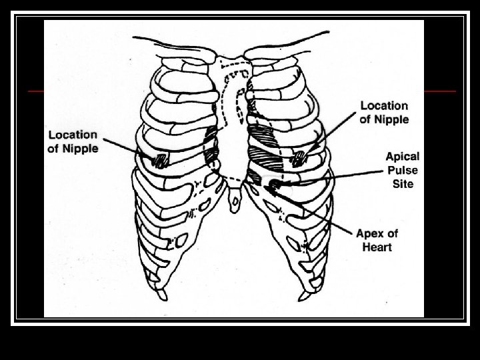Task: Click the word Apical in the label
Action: click(403, 156)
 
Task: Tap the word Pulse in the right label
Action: click(403, 169)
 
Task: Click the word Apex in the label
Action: click(368, 233)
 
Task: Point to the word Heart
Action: click(377, 247)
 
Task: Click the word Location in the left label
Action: click(72, 135)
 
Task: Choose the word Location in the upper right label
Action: click(384, 105)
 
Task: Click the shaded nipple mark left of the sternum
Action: click(161, 160)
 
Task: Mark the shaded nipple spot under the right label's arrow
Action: click(299, 158)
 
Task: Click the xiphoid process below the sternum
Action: click(234, 199)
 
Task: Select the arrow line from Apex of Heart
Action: click(313, 210)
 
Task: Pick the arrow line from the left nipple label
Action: click(127, 148)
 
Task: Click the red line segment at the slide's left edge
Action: click(35, 90)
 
